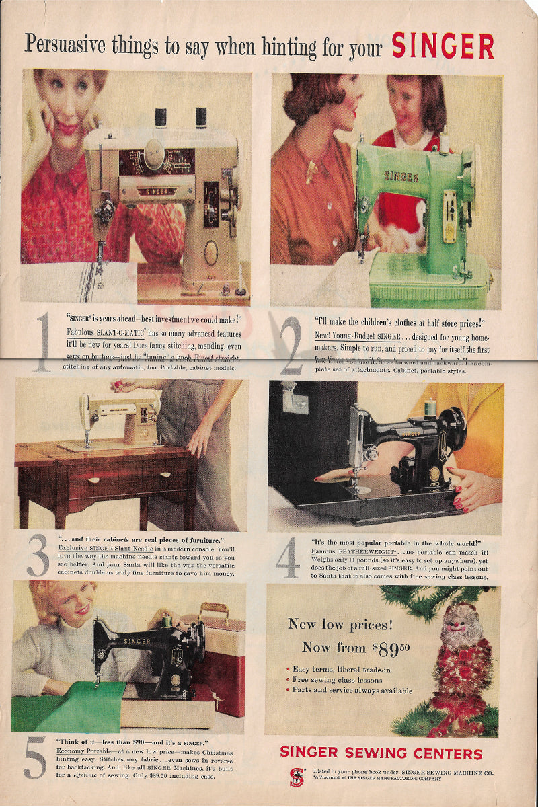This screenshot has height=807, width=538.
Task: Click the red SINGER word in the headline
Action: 443,46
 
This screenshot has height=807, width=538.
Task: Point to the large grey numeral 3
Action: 38,555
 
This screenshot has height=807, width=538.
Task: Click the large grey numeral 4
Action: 288,558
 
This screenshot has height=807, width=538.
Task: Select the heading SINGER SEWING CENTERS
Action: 381,753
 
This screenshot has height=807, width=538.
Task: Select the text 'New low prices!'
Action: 340,624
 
